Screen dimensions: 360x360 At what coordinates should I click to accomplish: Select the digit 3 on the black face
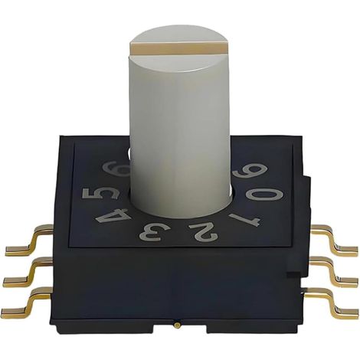pyautogui.click(x=151, y=234)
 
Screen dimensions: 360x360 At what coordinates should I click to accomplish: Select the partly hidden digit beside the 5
pyautogui.click(x=116, y=169)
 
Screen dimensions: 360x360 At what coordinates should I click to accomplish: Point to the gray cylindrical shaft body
pyautogui.click(x=180, y=133)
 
